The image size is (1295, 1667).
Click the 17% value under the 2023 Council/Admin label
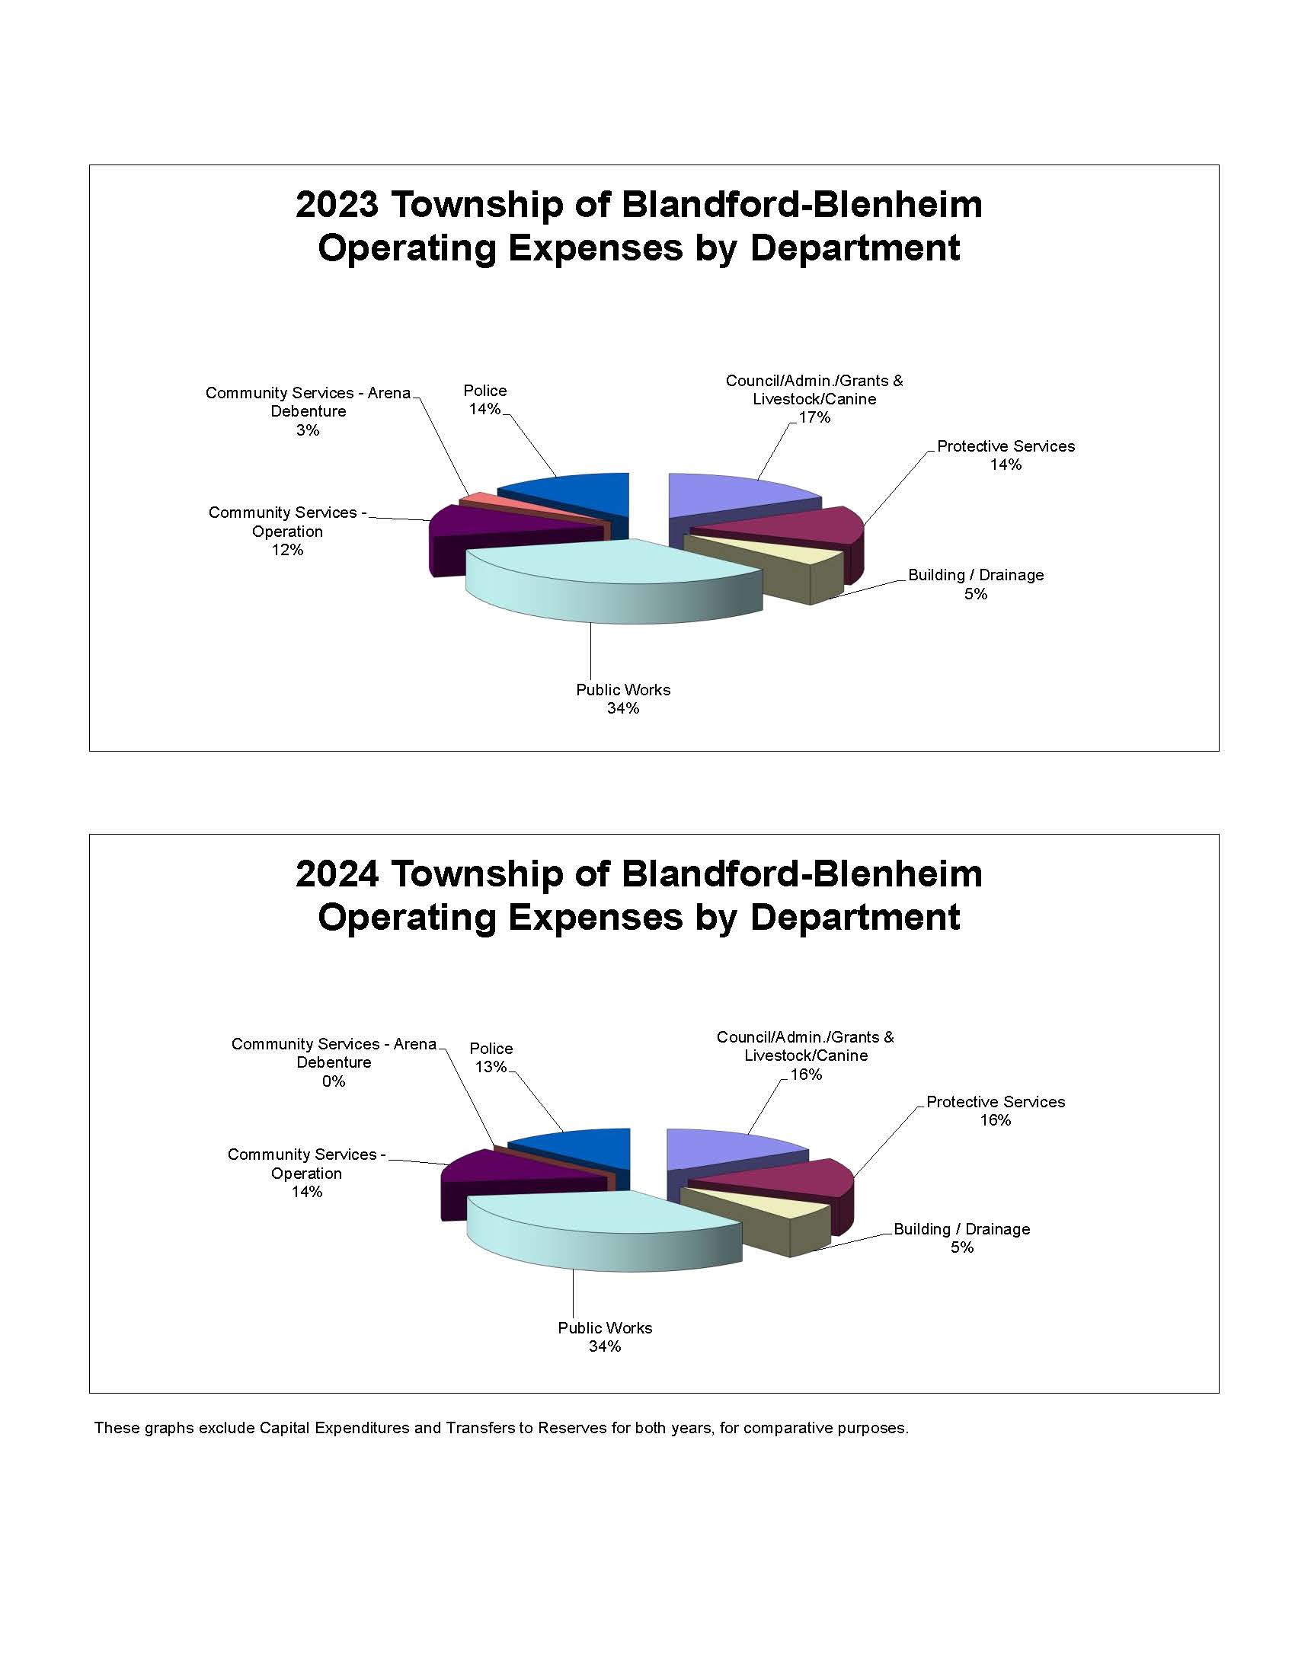[x=814, y=417]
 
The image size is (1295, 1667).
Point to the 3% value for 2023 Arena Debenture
[x=308, y=430]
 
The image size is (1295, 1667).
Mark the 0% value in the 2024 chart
[x=334, y=1081]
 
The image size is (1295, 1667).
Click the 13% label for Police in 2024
[x=491, y=1067]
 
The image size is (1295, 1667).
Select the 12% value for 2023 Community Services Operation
[x=287, y=551]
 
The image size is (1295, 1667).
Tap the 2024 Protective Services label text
[x=995, y=1102]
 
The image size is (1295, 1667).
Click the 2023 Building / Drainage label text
[x=975, y=576]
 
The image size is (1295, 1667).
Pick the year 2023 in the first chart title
[x=337, y=205]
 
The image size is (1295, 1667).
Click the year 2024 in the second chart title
[x=337, y=874]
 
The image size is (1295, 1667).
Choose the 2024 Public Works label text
[x=605, y=1328]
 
